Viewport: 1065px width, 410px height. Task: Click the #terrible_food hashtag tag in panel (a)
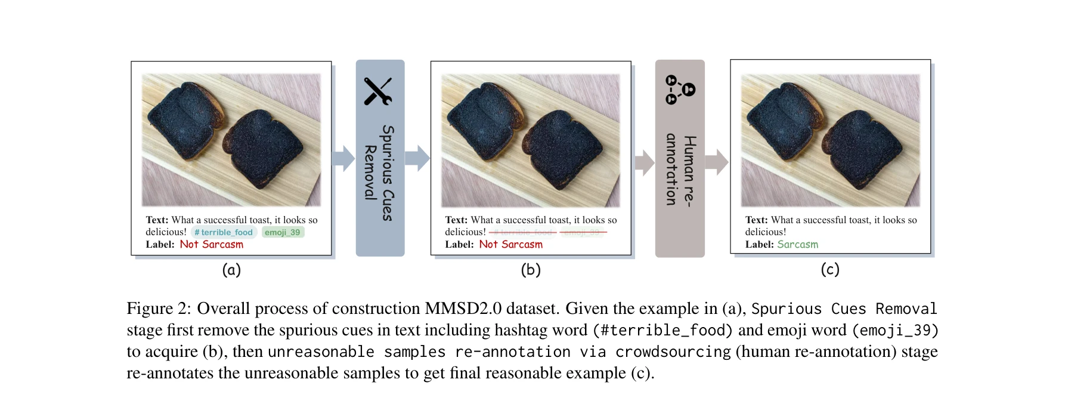pos(224,232)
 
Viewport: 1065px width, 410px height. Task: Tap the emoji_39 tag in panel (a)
pos(283,232)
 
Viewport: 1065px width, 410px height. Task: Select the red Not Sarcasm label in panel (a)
pos(211,244)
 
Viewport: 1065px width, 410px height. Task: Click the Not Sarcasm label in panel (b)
pos(510,244)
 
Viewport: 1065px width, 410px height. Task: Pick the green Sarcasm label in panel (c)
pos(797,244)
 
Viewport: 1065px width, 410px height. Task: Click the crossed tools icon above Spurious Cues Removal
pos(378,91)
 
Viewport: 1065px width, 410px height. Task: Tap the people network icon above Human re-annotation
pos(680,89)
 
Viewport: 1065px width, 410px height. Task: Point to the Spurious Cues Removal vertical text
pos(379,173)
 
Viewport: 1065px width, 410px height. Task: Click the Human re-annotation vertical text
pos(680,170)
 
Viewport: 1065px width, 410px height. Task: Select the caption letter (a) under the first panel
pos(231,270)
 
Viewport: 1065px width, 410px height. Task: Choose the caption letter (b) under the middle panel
pos(531,270)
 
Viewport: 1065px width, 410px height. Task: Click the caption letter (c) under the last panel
pos(830,269)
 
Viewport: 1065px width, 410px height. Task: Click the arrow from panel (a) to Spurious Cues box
pos(343,158)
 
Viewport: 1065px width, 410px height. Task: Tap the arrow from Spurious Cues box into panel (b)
pos(417,158)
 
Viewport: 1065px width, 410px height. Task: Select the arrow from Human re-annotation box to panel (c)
pos(717,162)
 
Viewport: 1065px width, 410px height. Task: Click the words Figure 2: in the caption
pos(159,309)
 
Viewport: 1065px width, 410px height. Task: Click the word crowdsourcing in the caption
pos(673,352)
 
